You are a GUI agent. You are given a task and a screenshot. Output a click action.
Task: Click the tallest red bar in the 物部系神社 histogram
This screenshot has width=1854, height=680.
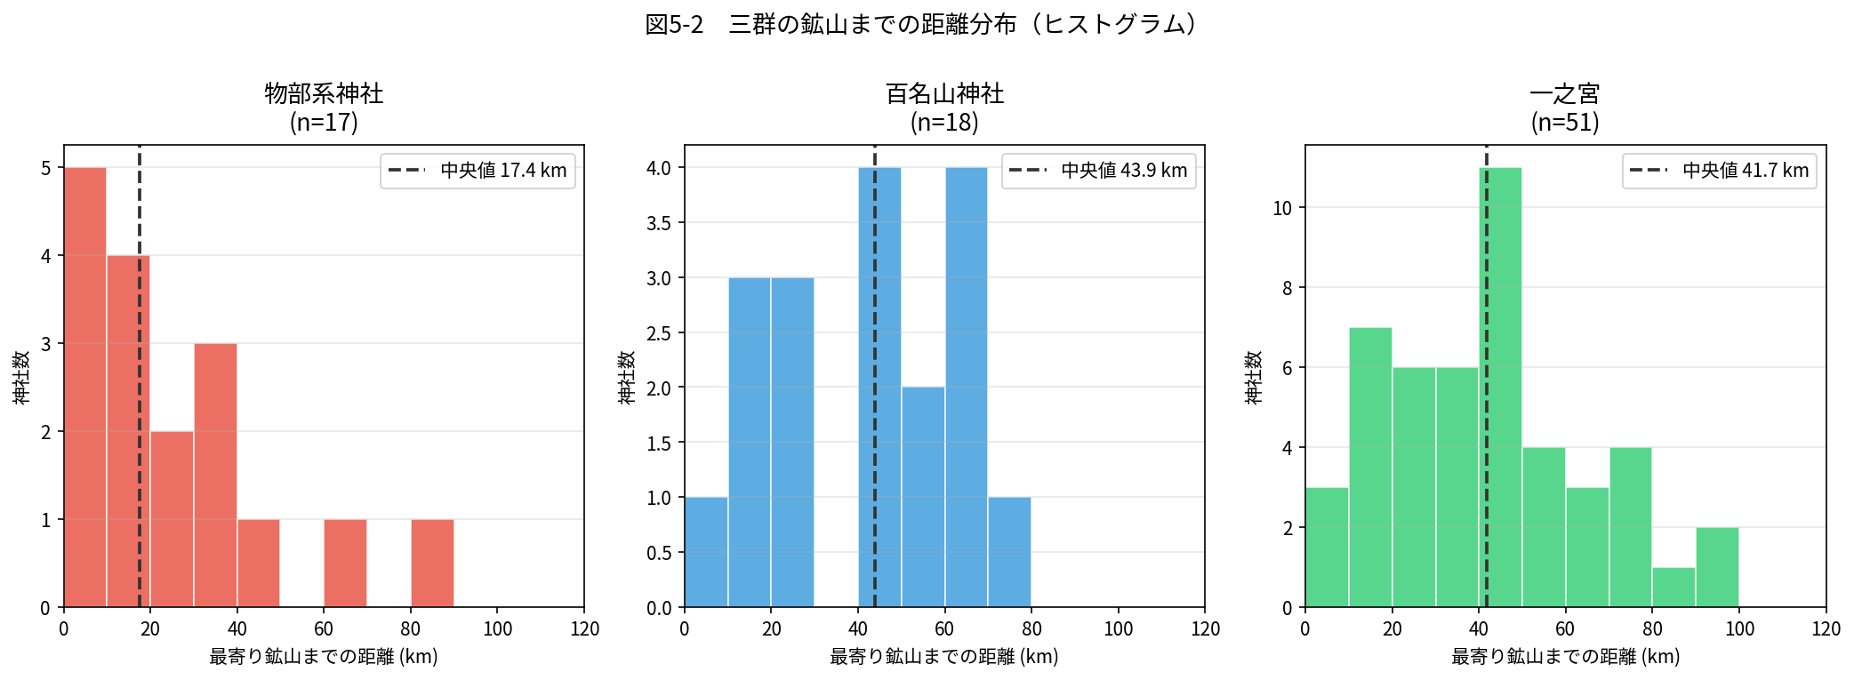[85, 387]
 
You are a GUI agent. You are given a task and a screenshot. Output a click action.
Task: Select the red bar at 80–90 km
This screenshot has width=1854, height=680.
[432, 563]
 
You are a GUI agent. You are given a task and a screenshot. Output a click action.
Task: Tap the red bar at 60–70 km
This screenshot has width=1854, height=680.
[345, 563]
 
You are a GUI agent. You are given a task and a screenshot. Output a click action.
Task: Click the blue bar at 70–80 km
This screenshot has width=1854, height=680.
[1009, 552]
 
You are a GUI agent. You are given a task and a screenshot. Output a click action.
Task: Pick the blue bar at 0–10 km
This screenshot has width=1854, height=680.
[706, 552]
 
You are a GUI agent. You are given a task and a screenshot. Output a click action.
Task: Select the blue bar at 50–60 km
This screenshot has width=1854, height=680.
[923, 497]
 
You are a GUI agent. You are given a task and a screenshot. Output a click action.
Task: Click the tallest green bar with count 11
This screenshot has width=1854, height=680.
[1500, 387]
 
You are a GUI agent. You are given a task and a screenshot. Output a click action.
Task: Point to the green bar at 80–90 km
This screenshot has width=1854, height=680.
[1673, 588]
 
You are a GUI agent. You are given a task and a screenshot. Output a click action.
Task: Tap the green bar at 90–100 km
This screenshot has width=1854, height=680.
[1717, 567]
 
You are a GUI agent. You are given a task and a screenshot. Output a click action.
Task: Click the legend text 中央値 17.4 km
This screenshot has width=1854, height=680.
[503, 171]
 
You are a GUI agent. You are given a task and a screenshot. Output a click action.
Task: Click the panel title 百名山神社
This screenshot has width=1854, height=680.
[944, 93]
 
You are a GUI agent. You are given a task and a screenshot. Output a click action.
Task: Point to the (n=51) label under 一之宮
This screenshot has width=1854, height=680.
[1565, 122]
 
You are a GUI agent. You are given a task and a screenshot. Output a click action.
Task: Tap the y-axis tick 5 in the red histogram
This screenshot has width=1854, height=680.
[46, 168]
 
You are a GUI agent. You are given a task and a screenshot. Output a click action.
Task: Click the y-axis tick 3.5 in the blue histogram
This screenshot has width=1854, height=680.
[659, 223]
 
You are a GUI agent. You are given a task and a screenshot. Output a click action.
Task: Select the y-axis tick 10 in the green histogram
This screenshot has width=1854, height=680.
[1282, 208]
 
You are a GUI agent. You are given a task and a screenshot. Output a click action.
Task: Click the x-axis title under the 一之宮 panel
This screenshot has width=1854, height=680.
[1565, 657]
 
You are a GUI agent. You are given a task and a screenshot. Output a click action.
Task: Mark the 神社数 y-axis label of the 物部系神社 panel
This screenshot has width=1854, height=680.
[21, 377]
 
